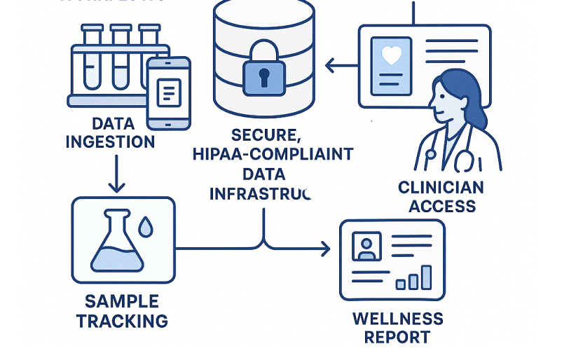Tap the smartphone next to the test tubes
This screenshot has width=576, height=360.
[x=168, y=93]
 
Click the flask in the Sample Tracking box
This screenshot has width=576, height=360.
[x=117, y=244]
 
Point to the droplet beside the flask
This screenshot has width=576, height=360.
[x=146, y=226]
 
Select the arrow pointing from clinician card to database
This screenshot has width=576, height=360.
[x=341, y=67]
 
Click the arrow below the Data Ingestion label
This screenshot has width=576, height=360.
[x=116, y=174]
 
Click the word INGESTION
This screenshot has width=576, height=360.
[x=110, y=142]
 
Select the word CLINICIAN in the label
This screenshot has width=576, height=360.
[x=441, y=188]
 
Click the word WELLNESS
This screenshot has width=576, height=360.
[x=397, y=319]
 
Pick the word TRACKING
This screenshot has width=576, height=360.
[x=122, y=321]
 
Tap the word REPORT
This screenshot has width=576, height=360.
[x=397, y=337]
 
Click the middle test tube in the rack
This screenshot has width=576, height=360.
[x=121, y=60]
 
